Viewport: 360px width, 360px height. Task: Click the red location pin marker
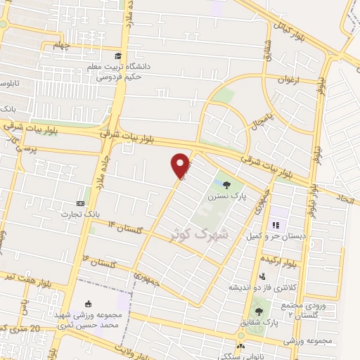181,165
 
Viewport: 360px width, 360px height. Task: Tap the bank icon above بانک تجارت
79,203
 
